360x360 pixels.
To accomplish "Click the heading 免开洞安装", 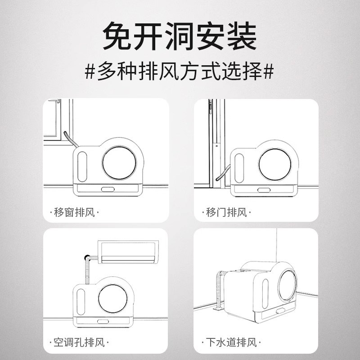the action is click(180, 36).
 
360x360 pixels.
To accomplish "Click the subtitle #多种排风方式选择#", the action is click(179, 71).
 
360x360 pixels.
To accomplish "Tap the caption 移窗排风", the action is click(74, 212).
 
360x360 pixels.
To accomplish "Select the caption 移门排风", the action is click(226, 212).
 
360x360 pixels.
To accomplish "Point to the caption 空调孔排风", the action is click(79, 342).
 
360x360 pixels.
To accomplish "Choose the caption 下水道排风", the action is click(231, 342).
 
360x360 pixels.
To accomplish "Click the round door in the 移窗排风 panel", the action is click(119, 163).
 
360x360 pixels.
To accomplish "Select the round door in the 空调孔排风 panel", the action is click(113, 299).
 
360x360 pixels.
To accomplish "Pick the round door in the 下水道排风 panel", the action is click(288, 285).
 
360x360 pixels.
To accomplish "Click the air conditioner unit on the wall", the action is click(128, 252).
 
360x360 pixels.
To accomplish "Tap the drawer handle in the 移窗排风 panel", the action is click(108, 189).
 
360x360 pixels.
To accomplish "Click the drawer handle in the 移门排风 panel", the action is click(264, 190).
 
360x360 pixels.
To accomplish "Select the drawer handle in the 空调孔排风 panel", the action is click(103, 321).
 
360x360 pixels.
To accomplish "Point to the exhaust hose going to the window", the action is click(71, 139).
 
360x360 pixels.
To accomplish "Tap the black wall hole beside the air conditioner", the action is click(87, 257).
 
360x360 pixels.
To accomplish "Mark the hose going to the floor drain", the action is click(219, 290).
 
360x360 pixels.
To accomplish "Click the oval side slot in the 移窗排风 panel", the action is click(82, 166).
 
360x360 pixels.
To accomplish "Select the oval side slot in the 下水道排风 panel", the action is click(265, 294).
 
